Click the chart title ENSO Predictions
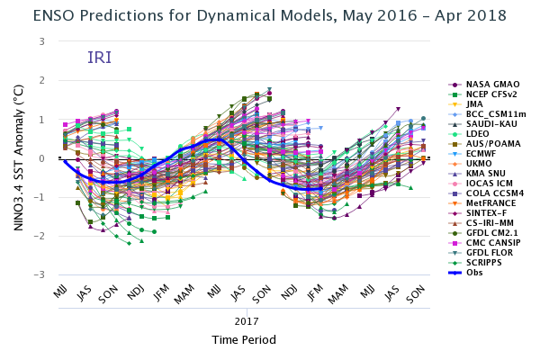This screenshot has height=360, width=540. coord(269,15)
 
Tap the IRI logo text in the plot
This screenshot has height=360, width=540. coord(99,58)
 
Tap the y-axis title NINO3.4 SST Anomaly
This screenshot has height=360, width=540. coord(18,158)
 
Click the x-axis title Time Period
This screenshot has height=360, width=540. coord(244,340)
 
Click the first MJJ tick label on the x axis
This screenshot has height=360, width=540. coord(60,293)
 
